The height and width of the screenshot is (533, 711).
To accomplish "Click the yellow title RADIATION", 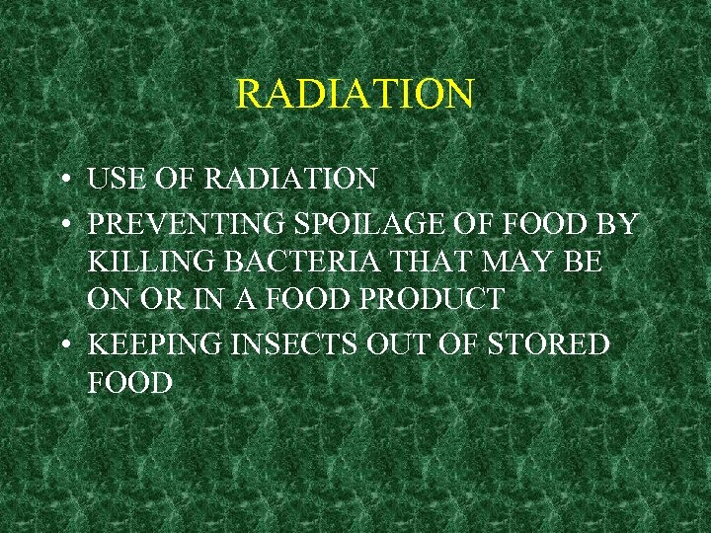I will coord(355,95).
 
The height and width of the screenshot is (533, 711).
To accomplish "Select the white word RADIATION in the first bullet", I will coord(290,180).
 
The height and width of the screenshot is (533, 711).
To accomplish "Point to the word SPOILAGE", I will coord(356,225).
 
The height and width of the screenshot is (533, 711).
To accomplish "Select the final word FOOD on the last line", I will coord(129,382).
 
